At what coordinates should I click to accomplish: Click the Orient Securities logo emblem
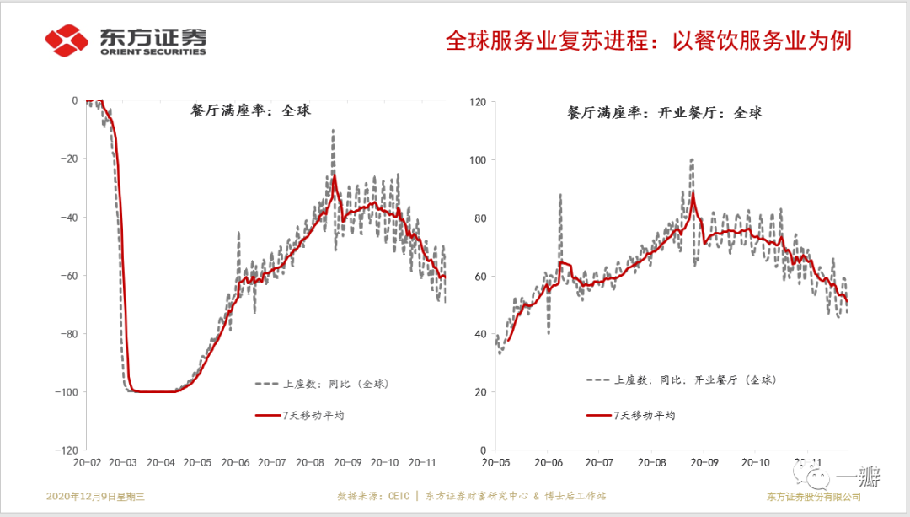[x=67, y=40]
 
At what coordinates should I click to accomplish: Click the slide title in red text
[x=648, y=40]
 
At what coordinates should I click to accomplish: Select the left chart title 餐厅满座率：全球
[x=251, y=110]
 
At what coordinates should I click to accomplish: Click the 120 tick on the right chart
[x=477, y=101]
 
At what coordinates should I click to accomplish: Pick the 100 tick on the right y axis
[x=477, y=159]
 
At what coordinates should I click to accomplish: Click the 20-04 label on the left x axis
[x=160, y=462]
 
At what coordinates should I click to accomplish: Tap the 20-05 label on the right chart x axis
[x=496, y=462]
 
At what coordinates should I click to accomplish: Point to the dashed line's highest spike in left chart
[x=334, y=131]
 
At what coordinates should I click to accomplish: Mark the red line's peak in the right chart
[x=693, y=193]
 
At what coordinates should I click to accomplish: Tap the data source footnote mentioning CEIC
[x=471, y=497]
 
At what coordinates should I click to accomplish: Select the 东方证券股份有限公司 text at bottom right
[x=813, y=497]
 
